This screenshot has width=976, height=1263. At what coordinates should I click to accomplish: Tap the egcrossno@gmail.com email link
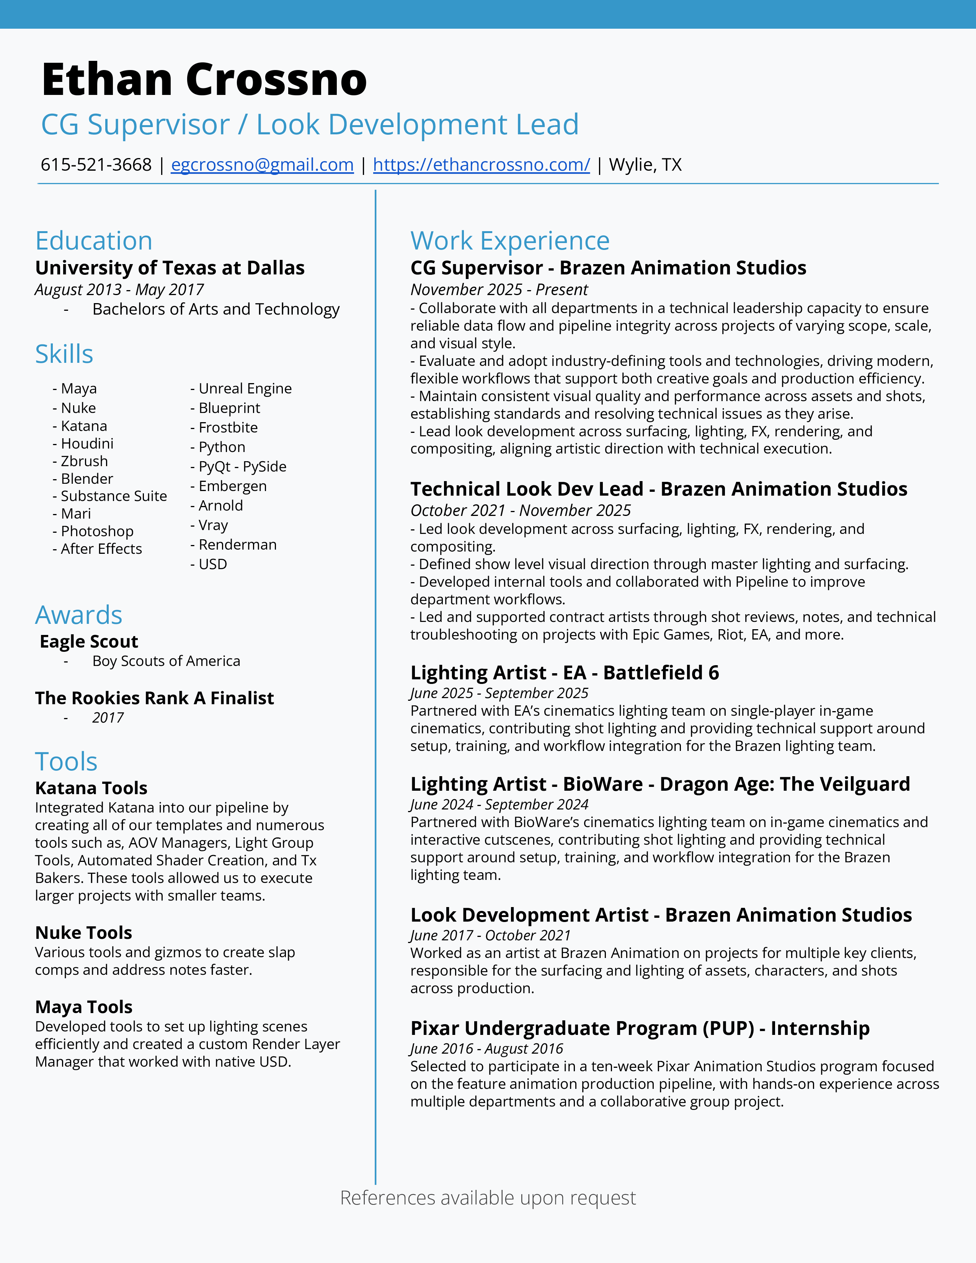(262, 165)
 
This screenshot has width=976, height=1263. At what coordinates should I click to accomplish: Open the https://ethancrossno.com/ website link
(481, 165)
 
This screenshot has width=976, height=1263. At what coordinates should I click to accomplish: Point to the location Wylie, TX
(645, 165)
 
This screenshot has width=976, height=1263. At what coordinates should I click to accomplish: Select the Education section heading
(94, 241)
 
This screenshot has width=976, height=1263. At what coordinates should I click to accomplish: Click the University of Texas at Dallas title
(170, 268)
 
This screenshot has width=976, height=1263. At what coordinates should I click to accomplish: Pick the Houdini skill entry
(87, 444)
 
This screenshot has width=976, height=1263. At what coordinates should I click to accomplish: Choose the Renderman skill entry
(237, 545)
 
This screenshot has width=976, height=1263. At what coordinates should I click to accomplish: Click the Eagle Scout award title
(89, 641)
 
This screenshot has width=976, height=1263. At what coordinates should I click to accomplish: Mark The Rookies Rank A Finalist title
(154, 698)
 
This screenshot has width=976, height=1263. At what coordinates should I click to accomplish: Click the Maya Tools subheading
(84, 1007)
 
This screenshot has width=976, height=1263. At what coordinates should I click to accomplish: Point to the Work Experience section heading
(510, 241)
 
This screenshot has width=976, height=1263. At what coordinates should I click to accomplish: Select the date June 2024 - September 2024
(499, 804)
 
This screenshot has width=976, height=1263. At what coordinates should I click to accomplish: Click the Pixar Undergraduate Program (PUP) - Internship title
(640, 1028)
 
